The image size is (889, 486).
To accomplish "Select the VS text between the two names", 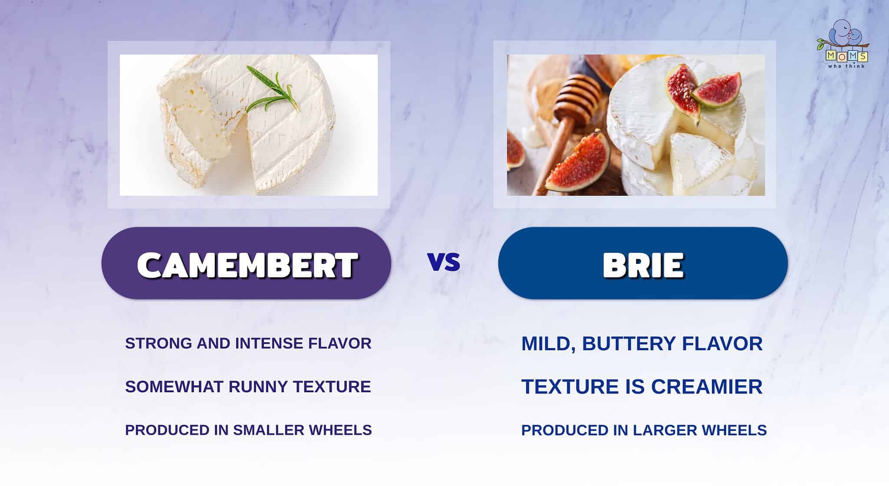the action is tap(444, 263).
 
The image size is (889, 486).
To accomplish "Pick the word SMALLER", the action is tap(269, 430).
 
